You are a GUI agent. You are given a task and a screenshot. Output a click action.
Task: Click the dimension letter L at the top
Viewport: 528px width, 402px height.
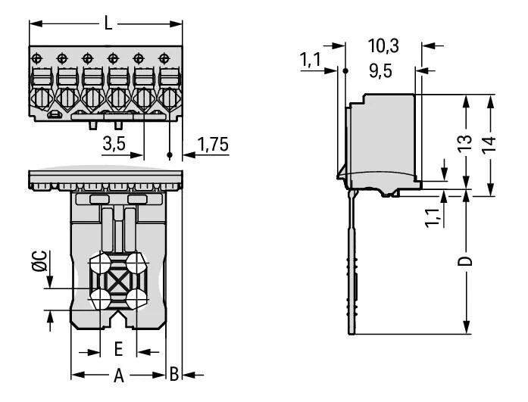pyautogui.click(x=108, y=23)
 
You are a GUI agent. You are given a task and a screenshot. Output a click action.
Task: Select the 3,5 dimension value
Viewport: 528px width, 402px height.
pyautogui.click(x=114, y=145)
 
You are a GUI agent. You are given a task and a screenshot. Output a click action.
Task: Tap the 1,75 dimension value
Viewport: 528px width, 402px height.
pyautogui.click(x=211, y=145)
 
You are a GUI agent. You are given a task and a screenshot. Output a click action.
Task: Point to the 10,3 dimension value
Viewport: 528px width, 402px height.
pyautogui.click(x=383, y=46)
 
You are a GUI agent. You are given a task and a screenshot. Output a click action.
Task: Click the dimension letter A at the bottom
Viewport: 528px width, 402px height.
pyautogui.click(x=117, y=374)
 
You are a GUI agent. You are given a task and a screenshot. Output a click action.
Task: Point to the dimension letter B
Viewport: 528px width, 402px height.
pyautogui.click(x=174, y=374)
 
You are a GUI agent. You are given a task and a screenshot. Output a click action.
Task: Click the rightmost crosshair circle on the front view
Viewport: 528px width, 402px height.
pyautogui.click(x=163, y=58)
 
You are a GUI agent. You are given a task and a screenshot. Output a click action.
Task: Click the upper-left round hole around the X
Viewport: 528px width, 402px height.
pyautogui.click(x=98, y=264)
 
